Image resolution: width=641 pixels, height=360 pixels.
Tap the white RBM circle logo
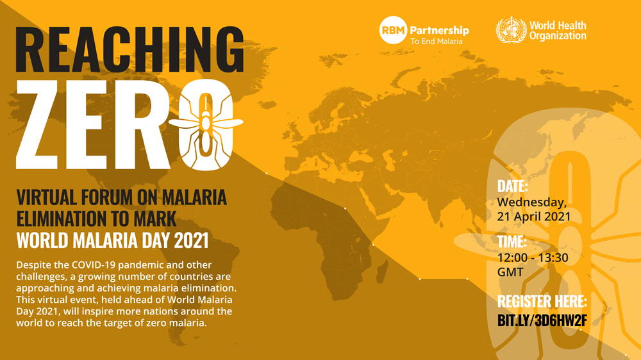(393, 30)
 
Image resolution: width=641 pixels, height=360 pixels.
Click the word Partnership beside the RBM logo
(439, 30)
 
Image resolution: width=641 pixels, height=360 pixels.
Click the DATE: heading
(513, 186)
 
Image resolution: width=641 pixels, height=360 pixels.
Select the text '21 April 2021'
(533, 217)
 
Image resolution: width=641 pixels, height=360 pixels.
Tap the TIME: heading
(512, 242)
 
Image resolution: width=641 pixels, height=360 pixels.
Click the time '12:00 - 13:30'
(532, 258)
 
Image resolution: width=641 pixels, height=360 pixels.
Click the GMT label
(510, 272)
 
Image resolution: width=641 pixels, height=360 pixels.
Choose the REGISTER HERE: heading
(542, 301)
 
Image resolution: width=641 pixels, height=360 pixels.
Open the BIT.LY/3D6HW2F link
(541, 319)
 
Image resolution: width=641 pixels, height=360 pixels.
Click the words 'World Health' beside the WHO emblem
(557, 26)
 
